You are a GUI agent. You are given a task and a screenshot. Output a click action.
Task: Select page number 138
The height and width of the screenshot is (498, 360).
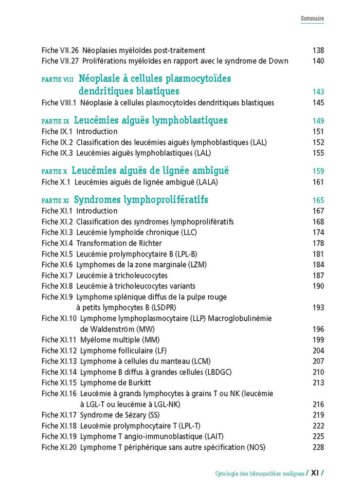[x=318, y=50]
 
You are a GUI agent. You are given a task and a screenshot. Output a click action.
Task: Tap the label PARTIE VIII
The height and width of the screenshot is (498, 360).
[x=58, y=80]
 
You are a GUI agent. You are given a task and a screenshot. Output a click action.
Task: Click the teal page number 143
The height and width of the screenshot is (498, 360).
[x=318, y=92]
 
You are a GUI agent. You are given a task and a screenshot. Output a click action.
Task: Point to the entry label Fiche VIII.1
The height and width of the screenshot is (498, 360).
[x=59, y=103]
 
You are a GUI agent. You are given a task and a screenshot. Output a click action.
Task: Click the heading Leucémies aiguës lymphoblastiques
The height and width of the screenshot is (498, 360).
[x=151, y=121]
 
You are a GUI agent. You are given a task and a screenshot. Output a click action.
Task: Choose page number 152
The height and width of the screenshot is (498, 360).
[x=318, y=142]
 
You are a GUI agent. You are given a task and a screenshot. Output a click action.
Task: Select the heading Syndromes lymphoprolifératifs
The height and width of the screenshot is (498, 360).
[x=141, y=199]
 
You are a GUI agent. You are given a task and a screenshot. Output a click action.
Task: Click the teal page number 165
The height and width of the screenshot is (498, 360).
[x=318, y=200]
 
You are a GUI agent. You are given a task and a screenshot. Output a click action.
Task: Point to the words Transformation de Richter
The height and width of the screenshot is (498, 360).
[x=119, y=243]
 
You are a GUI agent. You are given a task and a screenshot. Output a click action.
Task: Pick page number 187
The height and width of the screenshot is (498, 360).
[x=318, y=275]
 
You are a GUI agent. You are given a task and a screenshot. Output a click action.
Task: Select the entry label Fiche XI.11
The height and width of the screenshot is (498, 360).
[x=59, y=340]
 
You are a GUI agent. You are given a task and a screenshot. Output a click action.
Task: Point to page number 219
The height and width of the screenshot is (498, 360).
[x=318, y=415]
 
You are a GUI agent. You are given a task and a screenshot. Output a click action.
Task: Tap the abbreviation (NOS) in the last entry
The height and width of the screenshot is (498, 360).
[x=256, y=447]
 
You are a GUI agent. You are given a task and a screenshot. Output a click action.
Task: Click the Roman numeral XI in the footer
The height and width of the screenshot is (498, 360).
[x=314, y=473]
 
